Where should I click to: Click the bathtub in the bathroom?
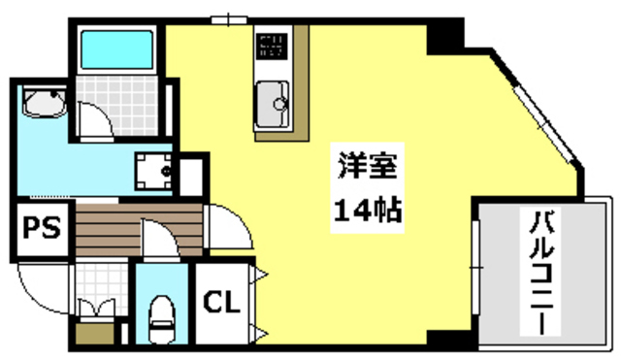(x=116, y=48)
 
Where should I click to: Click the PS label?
(x=41, y=229)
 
